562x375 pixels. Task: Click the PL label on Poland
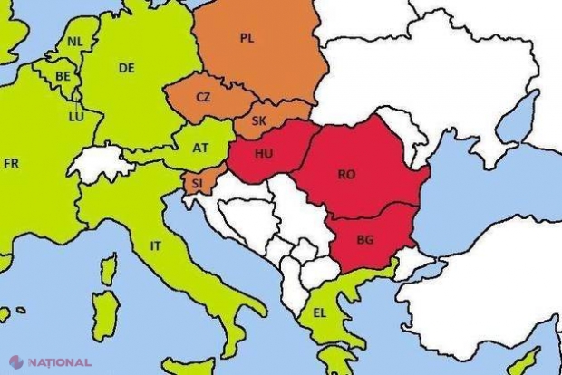(247, 38)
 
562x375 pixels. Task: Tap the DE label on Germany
(126, 66)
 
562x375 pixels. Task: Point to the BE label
(63, 77)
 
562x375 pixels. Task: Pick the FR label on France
(11, 163)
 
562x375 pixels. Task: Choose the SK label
(258, 120)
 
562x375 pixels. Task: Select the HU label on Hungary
(263, 154)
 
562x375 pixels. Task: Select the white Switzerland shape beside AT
(101, 164)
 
